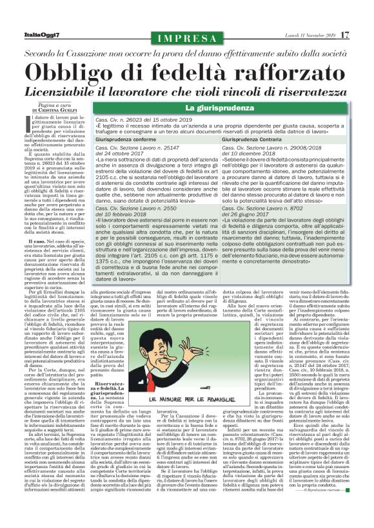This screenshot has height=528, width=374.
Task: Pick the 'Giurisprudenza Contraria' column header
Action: click(x=270, y=139)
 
